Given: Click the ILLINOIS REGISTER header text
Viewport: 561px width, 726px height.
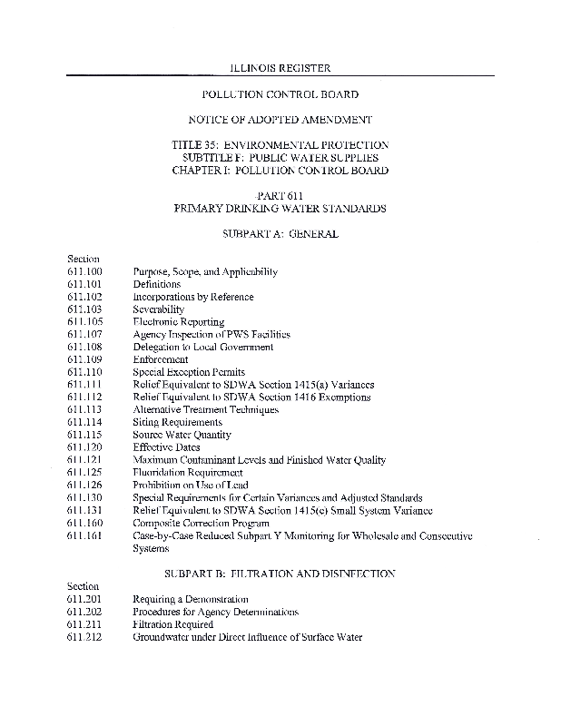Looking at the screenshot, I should [x=280, y=68].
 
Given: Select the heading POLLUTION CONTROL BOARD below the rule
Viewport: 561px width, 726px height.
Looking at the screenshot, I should [x=280, y=94].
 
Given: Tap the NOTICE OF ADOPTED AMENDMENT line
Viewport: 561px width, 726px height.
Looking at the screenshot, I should [x=280, y=120].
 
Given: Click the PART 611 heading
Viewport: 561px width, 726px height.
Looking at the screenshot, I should [x=280, y=196].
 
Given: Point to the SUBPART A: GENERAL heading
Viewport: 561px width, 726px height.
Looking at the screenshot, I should [x=280, y=233].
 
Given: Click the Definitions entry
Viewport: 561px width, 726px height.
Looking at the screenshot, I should [x=157, y=284].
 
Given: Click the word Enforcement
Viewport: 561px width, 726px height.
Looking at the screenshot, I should [x=161, y=359].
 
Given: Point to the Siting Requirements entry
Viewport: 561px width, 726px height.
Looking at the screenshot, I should [x=177, y=422].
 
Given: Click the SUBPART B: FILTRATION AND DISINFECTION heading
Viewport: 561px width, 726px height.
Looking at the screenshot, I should [x=280, y=574].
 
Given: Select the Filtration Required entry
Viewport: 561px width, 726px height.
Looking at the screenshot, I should [x=173, y=624].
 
